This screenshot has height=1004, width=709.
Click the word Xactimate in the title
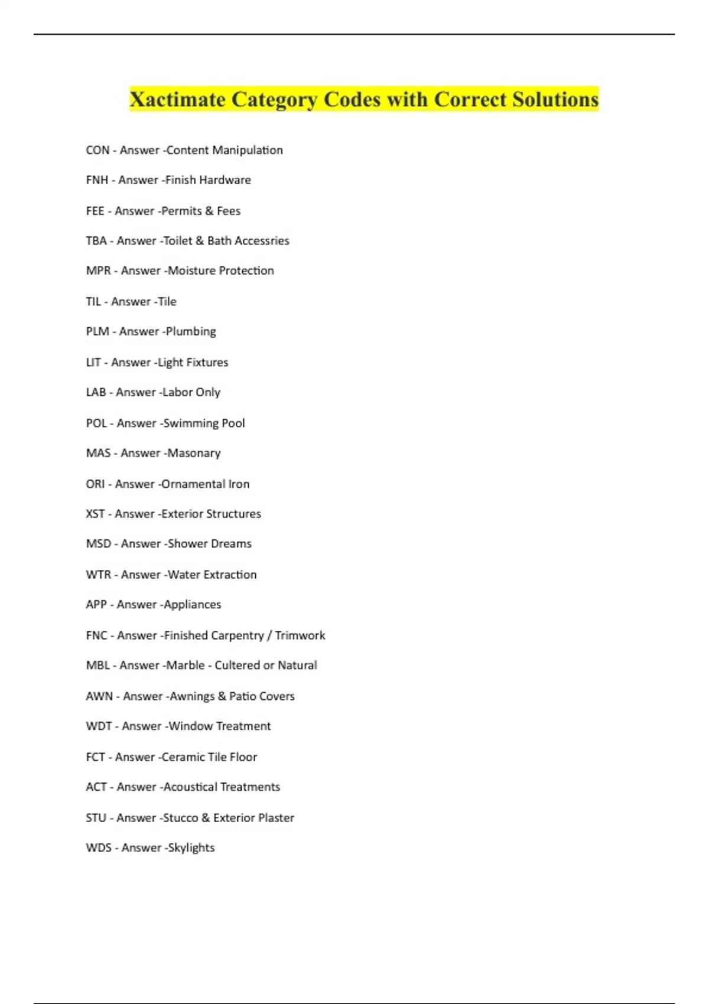tap(177, 99)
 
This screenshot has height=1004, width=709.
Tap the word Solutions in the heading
tap(555, 99)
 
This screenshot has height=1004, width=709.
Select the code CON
tap(97, 150)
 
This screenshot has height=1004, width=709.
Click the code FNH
tap(97, 180)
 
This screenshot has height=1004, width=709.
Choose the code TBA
tap(96, 241)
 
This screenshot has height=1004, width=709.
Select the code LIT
tap(93, 363)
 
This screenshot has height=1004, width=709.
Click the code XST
tap(95, 514)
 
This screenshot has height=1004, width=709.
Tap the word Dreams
tap(230, 544)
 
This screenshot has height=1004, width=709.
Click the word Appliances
tap(192, 605)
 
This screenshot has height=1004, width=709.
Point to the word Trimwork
tap(300, 635)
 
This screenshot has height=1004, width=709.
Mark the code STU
tap(96, 818)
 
